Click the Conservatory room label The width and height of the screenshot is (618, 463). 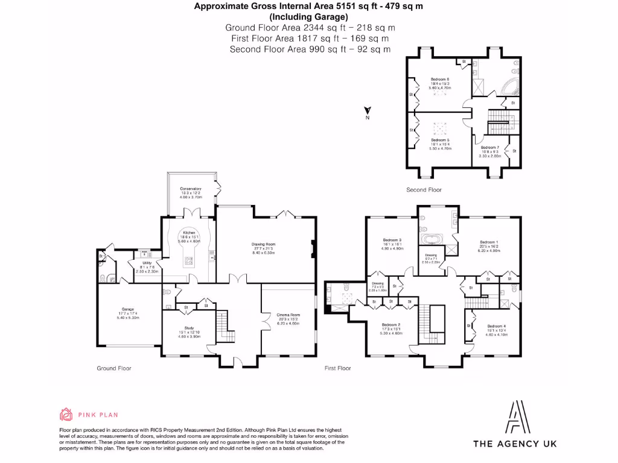coord(190,189)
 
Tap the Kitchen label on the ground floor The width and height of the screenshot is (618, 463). coord(189,233)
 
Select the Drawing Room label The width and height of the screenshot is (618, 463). coord(263,244)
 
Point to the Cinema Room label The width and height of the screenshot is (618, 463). coord(288,315)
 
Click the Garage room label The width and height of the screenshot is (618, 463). coord(127,309)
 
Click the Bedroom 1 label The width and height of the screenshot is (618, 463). coord(489,242)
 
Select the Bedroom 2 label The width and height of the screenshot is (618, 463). coord(390,325)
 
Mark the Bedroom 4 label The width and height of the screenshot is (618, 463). coord(496,326)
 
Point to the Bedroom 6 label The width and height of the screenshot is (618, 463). coord(439,80)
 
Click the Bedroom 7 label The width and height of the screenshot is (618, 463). coord(490,147)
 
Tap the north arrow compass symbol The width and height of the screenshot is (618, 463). coord(367,111)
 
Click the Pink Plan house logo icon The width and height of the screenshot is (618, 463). coord(66,414)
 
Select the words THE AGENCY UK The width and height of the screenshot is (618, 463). coord(514,444)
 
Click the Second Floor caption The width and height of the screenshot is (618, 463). coord(424,190)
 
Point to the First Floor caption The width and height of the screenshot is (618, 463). coord(337,368)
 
